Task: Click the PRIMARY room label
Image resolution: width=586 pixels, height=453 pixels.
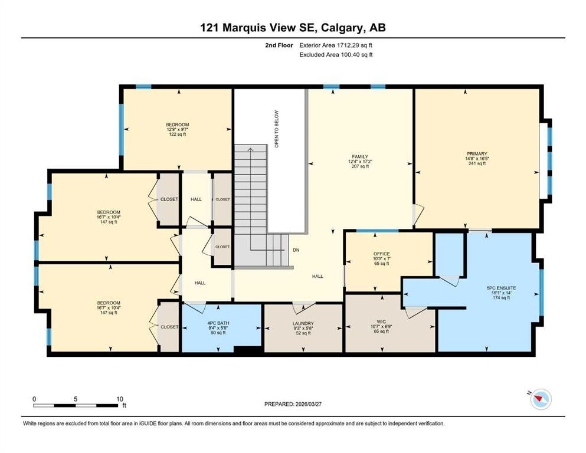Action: point(477,153)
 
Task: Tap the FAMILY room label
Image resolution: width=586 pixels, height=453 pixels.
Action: point(360,156)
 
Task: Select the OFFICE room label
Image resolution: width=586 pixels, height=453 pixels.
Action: point(381,254)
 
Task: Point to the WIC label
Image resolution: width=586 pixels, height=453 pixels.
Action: point(381,321)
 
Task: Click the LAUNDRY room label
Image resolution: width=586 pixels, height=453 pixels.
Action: point(303,323)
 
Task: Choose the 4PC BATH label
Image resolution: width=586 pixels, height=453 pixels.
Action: point(218,323)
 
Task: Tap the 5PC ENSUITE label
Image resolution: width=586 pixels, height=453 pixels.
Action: point(501,288)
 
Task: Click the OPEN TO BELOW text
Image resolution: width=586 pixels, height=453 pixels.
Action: point(277,129)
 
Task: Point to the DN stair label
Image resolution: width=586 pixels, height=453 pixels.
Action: point(296,250)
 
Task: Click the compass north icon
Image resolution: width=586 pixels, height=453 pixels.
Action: point(541,399)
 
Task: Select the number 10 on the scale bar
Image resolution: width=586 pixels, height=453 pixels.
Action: point(120,399)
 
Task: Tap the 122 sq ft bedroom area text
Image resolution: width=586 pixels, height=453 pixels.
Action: point(178,134)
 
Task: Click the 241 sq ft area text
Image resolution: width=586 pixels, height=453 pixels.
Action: point(477,163)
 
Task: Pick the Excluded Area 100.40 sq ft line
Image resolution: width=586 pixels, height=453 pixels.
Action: point(336,54)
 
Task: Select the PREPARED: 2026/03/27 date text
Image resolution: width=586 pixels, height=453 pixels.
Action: point(293,404)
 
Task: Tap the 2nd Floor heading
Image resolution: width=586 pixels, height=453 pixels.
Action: point(279,45)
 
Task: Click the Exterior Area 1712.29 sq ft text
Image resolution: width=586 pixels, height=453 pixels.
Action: point(336,45)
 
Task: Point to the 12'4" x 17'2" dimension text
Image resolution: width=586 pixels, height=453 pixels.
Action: point(360,162)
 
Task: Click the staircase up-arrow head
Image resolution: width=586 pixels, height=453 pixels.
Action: point(250,149)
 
